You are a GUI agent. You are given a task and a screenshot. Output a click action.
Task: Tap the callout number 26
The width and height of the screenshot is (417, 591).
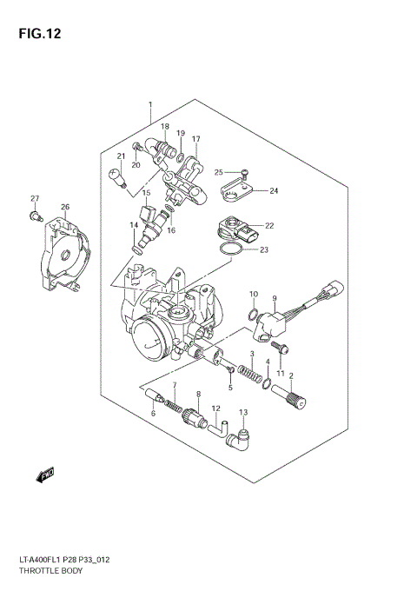64,207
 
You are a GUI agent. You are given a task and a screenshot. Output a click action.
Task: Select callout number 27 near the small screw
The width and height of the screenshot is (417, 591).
35,199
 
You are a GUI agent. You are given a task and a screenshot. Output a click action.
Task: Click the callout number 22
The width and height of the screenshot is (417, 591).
269,226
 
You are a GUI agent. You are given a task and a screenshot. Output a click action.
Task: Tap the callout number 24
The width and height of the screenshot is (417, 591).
273,191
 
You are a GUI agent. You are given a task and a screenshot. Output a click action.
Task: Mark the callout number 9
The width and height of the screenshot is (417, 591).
274,296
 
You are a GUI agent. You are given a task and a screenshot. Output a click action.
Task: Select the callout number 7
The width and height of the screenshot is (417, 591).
174,385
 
